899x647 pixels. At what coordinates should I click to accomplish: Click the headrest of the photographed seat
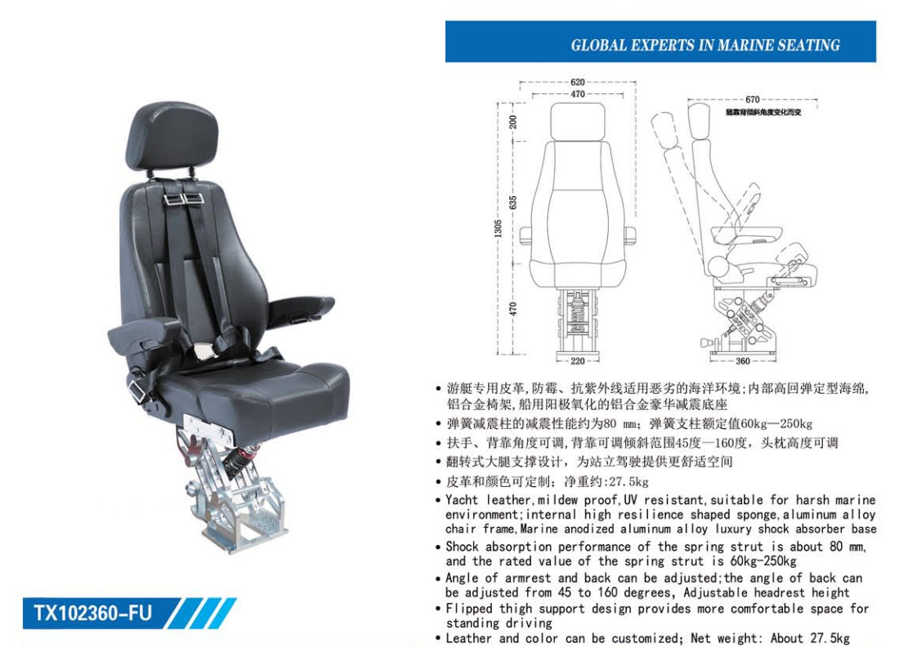point(172,136)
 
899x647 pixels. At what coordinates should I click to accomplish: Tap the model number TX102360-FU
point(93,614)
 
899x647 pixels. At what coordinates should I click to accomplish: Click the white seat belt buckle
point(203,350)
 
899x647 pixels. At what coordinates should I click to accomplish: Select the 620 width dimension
point(577,83)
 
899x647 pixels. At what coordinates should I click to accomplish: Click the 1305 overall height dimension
point(498,228)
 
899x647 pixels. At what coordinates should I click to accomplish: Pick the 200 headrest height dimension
point(513,122)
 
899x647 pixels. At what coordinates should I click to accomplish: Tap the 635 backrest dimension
point(513,203)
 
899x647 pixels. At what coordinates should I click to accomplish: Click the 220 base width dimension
point(577,361)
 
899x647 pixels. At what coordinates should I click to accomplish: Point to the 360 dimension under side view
point(742,361)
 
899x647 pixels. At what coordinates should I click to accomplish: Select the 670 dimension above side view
point(752,100)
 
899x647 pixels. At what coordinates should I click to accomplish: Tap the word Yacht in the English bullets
point(462,500)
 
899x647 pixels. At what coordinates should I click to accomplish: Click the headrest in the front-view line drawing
point(577,122)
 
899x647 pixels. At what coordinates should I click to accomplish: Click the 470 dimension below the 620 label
point(577,95)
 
